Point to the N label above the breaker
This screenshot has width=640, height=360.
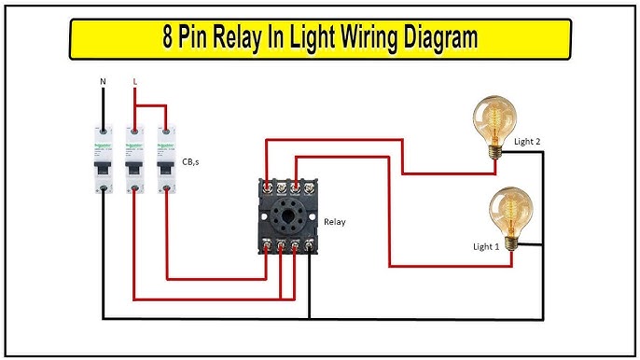tap(103, 82)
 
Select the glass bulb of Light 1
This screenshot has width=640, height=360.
tap(511, 206)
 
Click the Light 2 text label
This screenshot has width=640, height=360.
tap(527, 141)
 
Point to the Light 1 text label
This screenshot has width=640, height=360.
tap(486, 247)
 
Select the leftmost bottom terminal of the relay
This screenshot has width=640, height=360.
tap(268, 246)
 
